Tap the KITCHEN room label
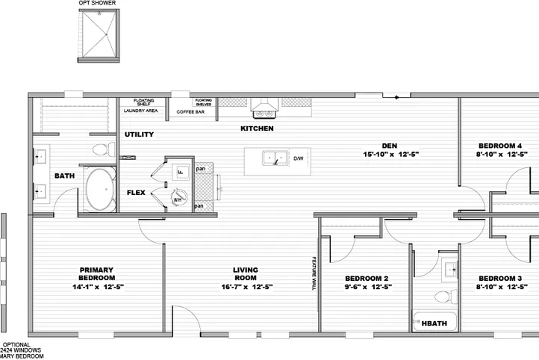pos(256,128)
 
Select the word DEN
pos(388,145)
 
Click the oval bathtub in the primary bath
pos(99,190)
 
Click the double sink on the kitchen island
pos(273,158)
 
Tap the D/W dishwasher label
pos(298,158)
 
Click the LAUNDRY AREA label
pos(140,111)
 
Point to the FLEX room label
pos(136,192)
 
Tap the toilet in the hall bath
pos(442,297)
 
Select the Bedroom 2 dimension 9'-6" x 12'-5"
pos(366,287)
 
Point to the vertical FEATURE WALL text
pos(314,273)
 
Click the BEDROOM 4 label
pos(499,145)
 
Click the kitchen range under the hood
pos(263,114)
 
